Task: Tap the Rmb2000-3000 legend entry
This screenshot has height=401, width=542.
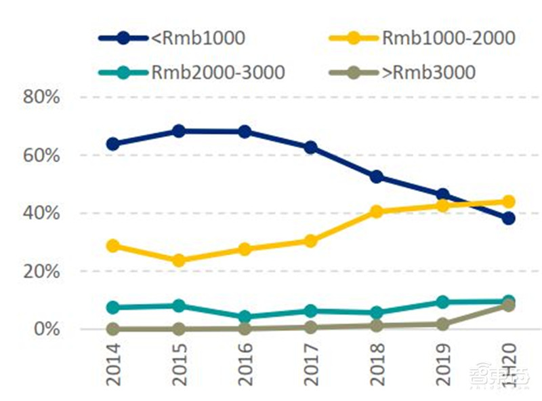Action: click(x=217, y=71)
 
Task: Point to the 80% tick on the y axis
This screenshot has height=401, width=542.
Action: click(x=42, y=97)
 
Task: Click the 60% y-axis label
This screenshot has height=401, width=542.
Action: click(x=42, y=155)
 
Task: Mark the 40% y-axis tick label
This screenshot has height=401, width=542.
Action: click(x=42, y=213)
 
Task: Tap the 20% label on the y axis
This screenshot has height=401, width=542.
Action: click(x=42, y=271)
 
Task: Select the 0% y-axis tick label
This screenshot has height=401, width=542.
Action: click(x=47, y=329)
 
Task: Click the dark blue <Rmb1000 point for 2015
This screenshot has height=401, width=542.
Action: click(x=179, y=131)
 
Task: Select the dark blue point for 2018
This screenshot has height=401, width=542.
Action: click(x=377, y=177)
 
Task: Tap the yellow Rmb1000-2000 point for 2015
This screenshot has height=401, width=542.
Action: click(x=179, y=261)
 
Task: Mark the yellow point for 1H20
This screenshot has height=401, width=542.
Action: click(x=508, y=202)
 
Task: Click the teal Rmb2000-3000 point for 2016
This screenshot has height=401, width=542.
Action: click(x=245, y=317)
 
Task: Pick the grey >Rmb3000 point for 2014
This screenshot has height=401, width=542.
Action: click(x=113, y=329)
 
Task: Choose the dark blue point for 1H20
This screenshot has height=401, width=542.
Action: click(x=508, y=218)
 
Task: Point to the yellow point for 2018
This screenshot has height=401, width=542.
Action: click(x=377, y=212)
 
